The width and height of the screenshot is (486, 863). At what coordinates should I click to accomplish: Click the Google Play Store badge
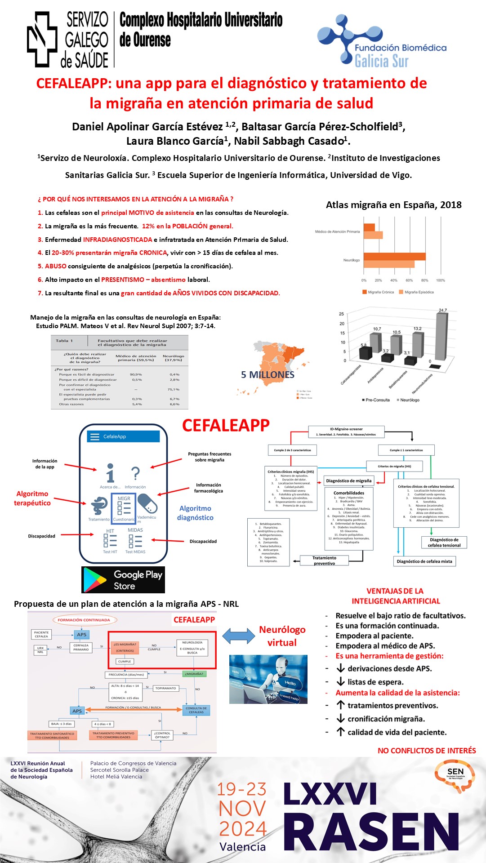(123, 579)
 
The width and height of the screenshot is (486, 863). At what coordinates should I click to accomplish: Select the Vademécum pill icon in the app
(147, 503)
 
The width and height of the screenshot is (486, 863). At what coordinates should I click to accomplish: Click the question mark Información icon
(135, 474)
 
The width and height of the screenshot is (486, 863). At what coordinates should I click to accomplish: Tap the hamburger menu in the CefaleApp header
(94, 436)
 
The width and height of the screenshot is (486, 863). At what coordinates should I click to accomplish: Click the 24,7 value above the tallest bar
(443, 310)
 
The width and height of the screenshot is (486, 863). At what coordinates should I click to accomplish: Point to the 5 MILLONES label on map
(268, 374)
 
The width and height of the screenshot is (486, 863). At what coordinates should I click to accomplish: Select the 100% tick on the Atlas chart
(441, 280)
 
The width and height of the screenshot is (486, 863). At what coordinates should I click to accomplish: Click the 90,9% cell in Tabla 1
(136, 374)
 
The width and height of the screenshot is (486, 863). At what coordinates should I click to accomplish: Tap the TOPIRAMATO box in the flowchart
(166, 688)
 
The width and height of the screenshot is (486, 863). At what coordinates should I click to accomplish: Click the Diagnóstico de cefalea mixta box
(424, 561)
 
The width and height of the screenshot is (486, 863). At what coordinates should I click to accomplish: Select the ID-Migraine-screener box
(346, 431)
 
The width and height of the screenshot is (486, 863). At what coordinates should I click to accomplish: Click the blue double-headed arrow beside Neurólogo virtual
(239, 636)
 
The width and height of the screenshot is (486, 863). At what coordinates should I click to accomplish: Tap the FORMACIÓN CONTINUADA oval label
(84, 620)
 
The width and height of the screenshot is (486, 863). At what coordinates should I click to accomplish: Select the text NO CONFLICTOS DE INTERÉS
(427, 751)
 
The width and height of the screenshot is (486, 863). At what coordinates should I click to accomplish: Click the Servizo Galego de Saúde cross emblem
(42, 40)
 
